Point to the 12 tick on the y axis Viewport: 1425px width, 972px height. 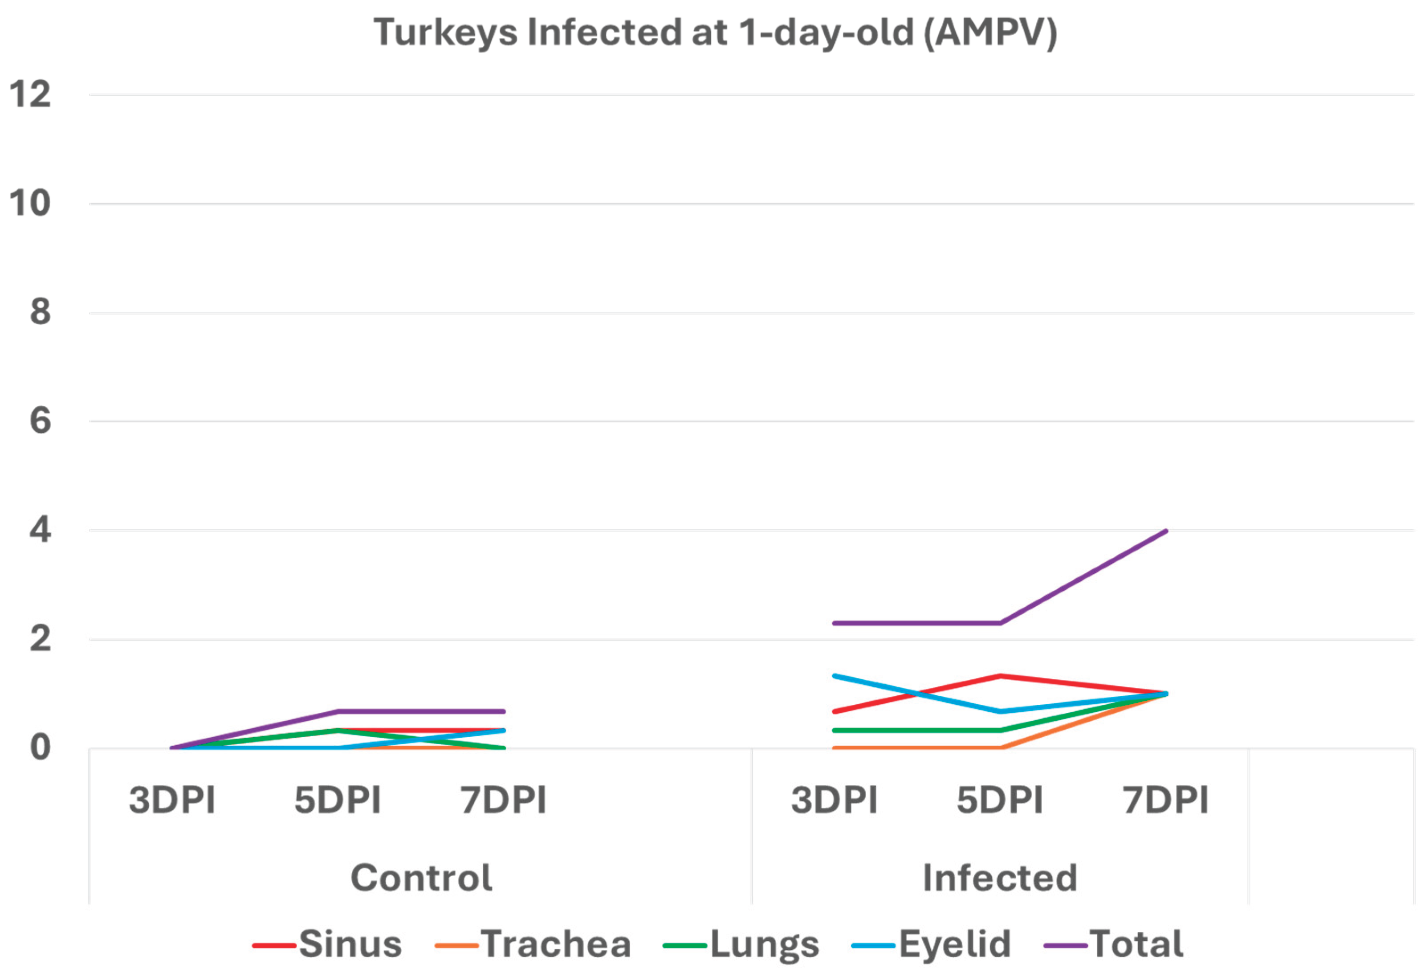29,94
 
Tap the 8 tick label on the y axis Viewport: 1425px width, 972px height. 40,312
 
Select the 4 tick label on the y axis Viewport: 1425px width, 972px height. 40,530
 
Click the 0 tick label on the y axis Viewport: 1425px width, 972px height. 40,747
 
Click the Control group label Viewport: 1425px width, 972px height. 421,878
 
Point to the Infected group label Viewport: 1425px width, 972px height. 999,878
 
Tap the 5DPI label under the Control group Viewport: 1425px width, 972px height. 337,800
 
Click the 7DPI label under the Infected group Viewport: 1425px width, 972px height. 1165,800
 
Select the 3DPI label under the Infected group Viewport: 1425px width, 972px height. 834,800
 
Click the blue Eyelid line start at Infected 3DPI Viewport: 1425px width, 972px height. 835,676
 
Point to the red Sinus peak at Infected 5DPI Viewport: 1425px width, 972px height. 1000,676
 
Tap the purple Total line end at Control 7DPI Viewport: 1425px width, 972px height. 503,711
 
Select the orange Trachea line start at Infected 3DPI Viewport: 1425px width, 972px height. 835,747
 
